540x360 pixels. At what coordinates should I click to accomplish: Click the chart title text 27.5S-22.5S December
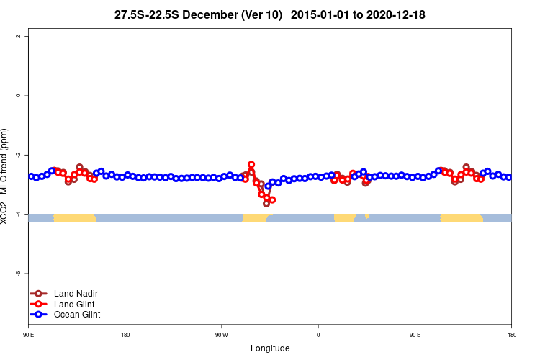point(198,14)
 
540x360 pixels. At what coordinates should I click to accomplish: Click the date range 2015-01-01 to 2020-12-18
point(363,14)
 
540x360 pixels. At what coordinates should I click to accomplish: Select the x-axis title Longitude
point(270,348)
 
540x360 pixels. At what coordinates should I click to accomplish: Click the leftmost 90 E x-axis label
point(28,335)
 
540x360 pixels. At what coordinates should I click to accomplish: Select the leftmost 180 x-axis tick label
point(125,335)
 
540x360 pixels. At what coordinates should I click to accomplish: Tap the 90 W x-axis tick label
point(221,335)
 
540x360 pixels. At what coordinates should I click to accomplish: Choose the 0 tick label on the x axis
point(318,335)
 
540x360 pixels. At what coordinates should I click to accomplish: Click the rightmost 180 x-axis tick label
point(511,335)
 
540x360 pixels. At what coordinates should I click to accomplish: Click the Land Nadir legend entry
point(76,293)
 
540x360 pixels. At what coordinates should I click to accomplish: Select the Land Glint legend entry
point(75,304)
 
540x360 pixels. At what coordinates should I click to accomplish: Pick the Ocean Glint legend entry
point(77,315)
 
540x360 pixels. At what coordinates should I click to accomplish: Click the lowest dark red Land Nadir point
point(266,204)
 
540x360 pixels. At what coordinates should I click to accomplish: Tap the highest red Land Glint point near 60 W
point(251,165)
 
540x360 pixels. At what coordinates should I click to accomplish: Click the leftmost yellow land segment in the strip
point(74,217)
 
